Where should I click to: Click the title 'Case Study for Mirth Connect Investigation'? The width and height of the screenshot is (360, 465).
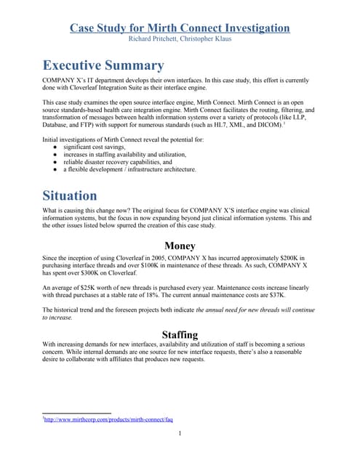tap(180, 28)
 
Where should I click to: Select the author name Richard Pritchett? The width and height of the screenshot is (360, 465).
tap(153, 39)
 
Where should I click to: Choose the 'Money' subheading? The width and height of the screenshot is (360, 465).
tap(180, 246)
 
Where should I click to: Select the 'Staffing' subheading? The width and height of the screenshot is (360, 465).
tap(180, 335)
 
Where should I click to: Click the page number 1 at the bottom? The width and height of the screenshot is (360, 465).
tap(180, 434)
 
